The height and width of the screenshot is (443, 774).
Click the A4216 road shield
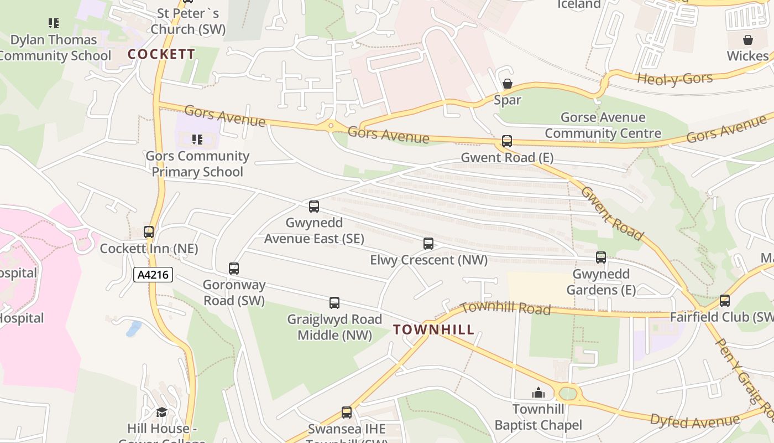[153, 275]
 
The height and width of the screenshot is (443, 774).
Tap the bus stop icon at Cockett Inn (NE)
[149, 232]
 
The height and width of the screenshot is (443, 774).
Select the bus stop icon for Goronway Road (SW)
[234, 269]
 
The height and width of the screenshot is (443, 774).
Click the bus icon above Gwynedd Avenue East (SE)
[314, 207]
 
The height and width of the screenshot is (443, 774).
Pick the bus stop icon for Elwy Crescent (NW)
[428, 244]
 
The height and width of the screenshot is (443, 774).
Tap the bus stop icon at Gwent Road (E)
[507, 141]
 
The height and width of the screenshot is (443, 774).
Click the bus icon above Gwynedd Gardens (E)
[601, 257]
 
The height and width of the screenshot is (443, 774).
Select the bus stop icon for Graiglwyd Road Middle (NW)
[334, 303]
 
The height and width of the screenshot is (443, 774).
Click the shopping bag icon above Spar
[507, 84]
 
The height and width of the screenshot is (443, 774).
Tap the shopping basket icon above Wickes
[748, 40]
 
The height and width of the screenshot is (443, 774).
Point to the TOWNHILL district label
[434, 330]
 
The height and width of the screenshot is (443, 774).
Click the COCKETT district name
[161, 54]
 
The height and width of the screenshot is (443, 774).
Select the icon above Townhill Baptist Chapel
[538, 393]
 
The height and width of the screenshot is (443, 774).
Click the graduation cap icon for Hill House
[161, 412]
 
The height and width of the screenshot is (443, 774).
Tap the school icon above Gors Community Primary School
[197, 140]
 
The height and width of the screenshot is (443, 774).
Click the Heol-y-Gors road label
[674, 79]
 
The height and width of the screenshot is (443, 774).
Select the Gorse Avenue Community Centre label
[603, 125]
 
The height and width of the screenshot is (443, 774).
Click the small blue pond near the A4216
[134, 329]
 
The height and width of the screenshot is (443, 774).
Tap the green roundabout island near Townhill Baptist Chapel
[568, 394]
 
